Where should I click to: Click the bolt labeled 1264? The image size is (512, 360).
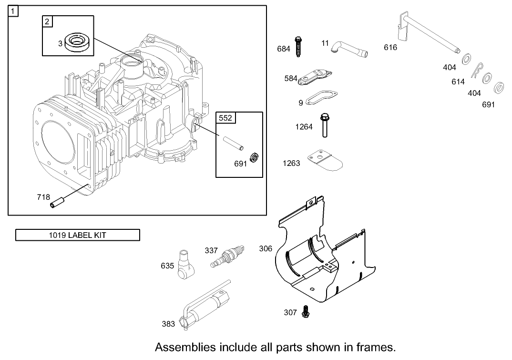tap(324, 125)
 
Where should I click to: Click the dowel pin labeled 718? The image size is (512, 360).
tap(56, 202)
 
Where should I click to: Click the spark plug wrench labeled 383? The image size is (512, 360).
tap(205, 308)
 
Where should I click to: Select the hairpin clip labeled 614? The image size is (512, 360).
tap(477, 70)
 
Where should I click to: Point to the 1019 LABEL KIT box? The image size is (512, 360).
tap(78, 235)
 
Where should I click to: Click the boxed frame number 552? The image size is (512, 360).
tap(226, 117)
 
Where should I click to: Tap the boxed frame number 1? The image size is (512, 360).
tap(13, 10)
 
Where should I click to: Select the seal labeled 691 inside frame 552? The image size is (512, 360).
tap(255, 157)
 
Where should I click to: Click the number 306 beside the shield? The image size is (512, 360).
tap(266, 248)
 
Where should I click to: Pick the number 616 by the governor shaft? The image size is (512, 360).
tap(390, 47)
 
